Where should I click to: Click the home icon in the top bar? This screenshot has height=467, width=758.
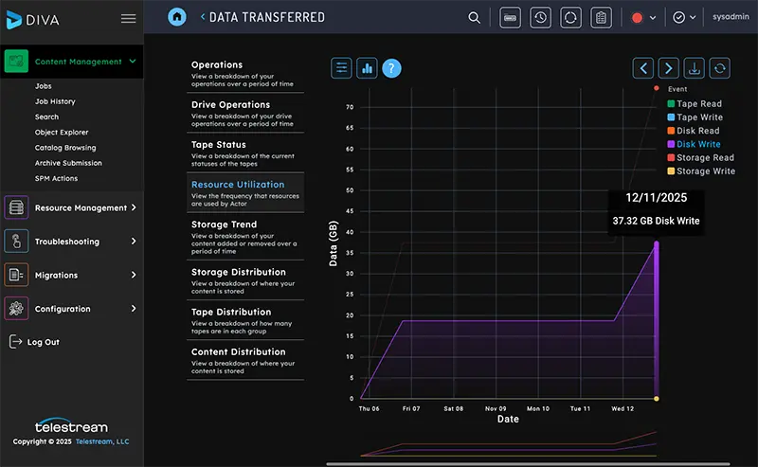177,17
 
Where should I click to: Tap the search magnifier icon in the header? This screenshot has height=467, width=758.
475,17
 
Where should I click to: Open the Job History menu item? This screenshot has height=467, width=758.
55,101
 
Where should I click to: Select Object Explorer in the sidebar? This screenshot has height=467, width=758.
62,133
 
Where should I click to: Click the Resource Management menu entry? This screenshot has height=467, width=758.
81,207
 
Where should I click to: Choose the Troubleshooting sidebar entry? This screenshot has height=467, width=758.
66,242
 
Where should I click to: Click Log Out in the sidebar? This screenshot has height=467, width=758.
43,342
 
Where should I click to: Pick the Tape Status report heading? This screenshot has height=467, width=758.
218,145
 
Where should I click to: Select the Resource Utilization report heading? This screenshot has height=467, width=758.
237,185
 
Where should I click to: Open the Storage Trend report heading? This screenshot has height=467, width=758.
224,225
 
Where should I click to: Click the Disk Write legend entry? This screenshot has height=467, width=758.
698,144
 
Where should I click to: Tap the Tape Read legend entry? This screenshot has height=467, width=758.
699,104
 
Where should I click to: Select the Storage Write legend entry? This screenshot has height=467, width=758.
705,171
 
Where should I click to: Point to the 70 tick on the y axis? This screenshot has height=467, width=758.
349,107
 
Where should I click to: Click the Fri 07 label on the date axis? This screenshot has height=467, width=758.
411,409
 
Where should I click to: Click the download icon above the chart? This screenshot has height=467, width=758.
695,68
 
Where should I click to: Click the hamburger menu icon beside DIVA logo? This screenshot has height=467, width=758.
128,18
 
